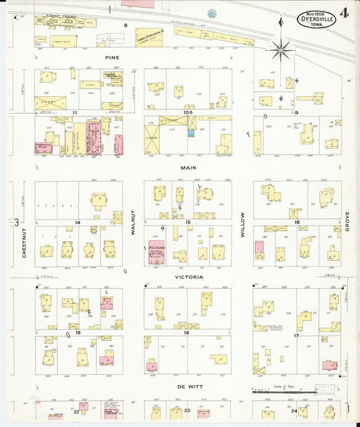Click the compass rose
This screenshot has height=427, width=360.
coord(280,49)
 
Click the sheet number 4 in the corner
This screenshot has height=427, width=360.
coord(344,12)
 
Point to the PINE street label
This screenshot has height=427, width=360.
coord(111,57)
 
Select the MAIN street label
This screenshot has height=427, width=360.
coord(187,166)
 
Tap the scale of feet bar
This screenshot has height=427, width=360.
coord(297,392)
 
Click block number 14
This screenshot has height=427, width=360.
coord(78,222)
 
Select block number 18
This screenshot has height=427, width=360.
coord(187,332)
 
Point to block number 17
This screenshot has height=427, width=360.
coord(296,336)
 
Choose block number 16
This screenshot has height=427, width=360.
coord(296,222)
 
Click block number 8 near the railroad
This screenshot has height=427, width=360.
coord(125,25)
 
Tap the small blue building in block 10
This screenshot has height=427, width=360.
coord(191,133)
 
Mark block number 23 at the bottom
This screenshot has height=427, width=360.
coord(187,410)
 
